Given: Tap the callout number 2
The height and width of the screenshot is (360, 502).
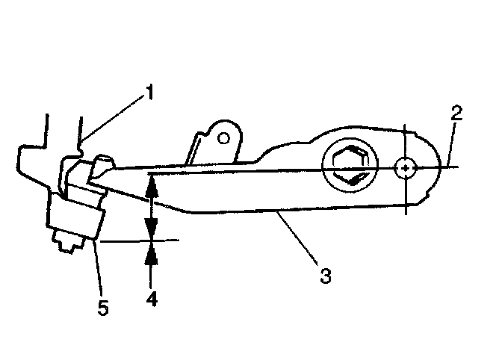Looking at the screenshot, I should click(x=456, y=114).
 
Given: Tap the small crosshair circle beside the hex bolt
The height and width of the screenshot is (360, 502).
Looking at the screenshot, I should click(x=406, y=169).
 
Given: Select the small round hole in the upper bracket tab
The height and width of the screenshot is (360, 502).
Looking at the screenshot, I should click(x=224, y=137).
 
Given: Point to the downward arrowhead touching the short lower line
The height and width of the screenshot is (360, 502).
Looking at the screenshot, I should click(x=152, y=232).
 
